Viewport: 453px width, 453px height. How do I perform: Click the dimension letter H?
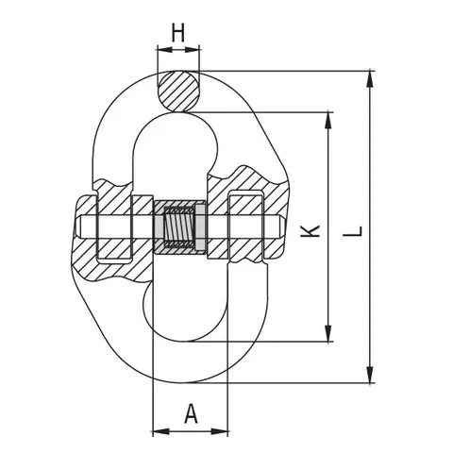177,32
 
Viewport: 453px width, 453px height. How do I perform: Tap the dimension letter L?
354,229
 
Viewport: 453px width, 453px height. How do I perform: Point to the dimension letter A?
192,412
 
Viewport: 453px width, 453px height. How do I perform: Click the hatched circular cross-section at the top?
179,92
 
